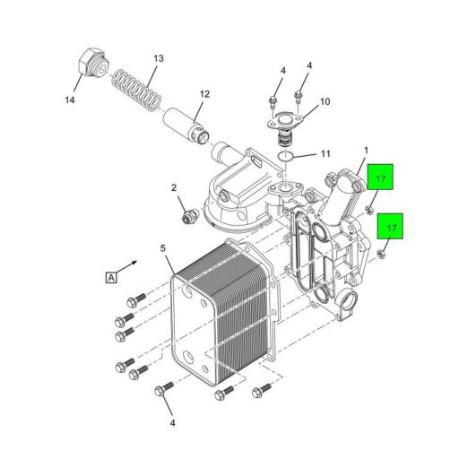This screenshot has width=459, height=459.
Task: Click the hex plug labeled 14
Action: point(92,64)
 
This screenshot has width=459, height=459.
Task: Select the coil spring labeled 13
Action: point(137,90)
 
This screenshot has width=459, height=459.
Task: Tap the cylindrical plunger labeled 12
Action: point(186,125)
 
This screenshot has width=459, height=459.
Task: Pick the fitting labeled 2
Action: point(188,216)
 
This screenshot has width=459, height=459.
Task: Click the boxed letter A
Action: point(111,277)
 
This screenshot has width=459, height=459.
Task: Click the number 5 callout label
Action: point(162,248)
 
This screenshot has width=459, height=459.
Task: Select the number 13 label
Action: point(159,58)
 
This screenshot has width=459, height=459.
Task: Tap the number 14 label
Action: point(70,100)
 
